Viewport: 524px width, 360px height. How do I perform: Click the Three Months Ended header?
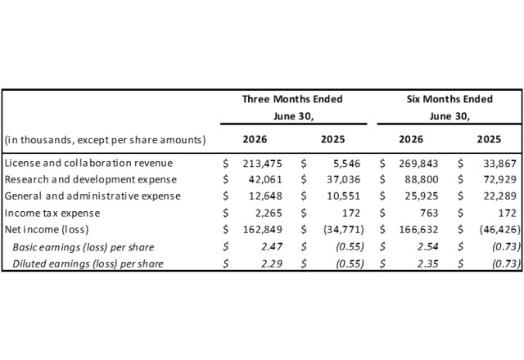292,99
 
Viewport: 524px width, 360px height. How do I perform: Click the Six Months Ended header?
449,99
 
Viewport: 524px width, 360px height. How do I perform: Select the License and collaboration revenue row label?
88,163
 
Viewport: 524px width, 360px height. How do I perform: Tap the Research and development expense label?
91,180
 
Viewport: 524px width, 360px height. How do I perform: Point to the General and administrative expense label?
93,196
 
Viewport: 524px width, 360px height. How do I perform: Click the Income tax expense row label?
52,213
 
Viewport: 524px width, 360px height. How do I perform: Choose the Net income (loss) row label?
47,230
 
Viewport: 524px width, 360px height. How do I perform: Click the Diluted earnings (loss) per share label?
88,263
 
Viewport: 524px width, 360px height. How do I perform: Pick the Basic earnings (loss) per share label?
84,247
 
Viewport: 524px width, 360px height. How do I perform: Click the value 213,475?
262,164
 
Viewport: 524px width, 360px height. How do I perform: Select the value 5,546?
347,164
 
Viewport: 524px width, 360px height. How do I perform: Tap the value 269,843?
418,164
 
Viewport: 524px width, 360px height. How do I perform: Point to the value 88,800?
422,180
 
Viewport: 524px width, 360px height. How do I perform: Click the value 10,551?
344,196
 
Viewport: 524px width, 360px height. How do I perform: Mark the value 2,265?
269,213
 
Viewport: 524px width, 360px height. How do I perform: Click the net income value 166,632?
418,230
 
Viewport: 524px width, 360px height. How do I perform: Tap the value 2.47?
272,247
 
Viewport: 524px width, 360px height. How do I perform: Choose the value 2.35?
427,263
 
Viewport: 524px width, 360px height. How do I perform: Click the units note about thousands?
106,140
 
